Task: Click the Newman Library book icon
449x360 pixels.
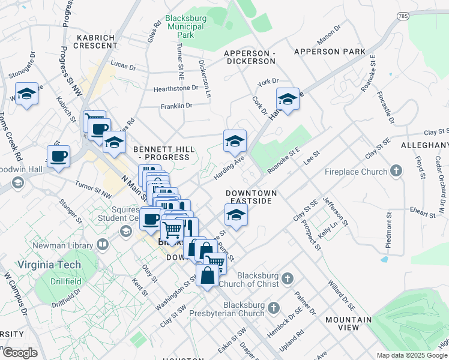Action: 103,244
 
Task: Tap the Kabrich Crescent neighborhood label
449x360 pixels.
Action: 96,41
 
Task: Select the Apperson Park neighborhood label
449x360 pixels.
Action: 330,52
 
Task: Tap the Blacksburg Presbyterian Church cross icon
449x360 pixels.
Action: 273,307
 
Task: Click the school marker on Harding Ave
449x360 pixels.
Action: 235,141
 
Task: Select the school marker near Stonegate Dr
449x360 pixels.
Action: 26,94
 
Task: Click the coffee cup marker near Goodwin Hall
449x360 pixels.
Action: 58,157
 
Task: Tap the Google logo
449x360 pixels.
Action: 20,353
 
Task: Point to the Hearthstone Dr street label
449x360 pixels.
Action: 175,88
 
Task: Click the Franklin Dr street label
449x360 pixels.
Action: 176,106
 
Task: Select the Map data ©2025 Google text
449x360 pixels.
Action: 412,355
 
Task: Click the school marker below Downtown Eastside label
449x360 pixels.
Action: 236,215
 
